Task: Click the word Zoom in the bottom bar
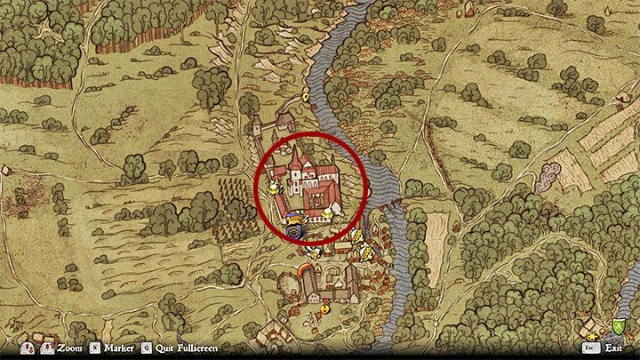pyautogui.click(x=69, y=348)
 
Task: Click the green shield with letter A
pyautogui.click(x=618, y=328)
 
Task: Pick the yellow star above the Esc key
pyautogui.click(x=590, y=334)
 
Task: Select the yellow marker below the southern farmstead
pyautogui.click(x=325, y=308)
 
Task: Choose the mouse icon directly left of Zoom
pyautogui.click(x=48, y=348)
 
